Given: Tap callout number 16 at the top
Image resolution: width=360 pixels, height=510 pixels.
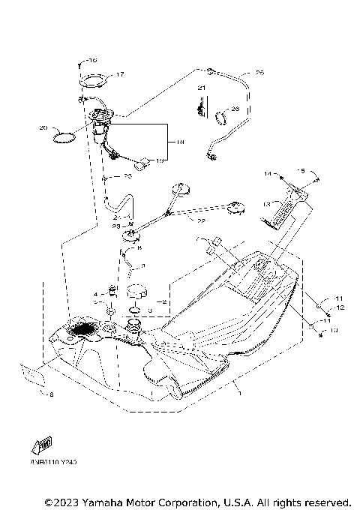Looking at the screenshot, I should click(92, 59).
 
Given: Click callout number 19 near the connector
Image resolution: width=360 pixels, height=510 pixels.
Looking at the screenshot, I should click(159, 160).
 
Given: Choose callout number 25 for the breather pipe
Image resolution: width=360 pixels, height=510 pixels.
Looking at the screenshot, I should click(259, 73).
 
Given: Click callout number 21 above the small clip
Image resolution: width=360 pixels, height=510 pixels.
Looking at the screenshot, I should click(200, 88).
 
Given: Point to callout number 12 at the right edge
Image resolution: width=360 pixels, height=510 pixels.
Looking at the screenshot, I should click(340, 307).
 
